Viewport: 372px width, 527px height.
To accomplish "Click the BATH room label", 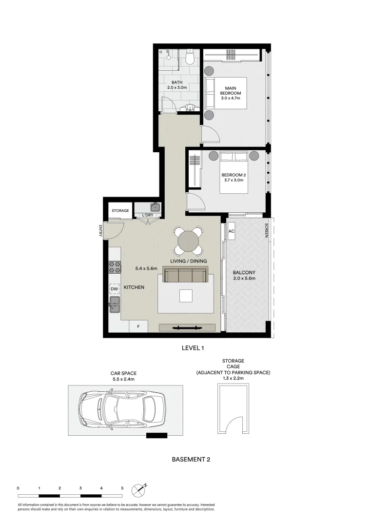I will click(x=176, y=82).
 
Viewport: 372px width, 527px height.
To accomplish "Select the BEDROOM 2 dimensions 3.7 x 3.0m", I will click(x=232, y=180).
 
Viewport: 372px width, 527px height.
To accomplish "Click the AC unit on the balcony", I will click(x=232, y=232).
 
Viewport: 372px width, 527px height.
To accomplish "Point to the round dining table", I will click(x=189, y=241).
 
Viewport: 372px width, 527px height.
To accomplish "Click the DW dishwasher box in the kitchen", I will click(x=114, y=288).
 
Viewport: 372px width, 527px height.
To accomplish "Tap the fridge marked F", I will click(x=138, y=326).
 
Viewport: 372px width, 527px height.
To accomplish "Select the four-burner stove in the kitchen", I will click(x=115, y=267).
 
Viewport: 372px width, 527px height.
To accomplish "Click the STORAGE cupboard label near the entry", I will click(x=120, y=211).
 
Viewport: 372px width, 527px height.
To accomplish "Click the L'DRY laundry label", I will click(x=148, y=215).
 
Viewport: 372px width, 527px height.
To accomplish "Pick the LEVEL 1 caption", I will click(x=192, y=348).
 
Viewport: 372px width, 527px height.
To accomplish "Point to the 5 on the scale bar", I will click(x=122, y=487).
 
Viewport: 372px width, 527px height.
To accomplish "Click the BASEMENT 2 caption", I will click(x=191, y=459).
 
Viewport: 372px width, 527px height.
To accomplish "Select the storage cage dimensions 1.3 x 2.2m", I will click(x=233, y=378).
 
